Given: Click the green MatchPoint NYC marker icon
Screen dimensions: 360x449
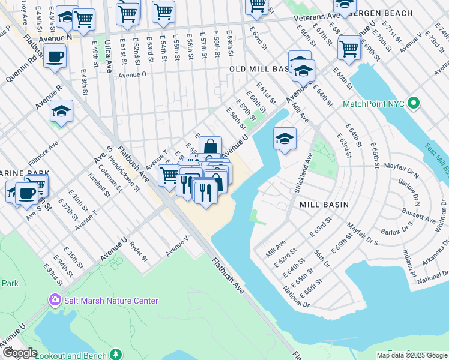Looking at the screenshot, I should pos(413,104).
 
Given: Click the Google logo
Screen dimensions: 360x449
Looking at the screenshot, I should pos(19,353).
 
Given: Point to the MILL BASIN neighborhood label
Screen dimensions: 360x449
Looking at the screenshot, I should pos(324,205).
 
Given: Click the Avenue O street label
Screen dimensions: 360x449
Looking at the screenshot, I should pos(132,75).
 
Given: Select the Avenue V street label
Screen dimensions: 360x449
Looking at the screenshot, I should pos(178,245).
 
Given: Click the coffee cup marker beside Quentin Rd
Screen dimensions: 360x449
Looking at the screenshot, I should pos(55,56).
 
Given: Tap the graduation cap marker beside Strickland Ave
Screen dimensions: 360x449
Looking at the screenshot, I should pos(285,139).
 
